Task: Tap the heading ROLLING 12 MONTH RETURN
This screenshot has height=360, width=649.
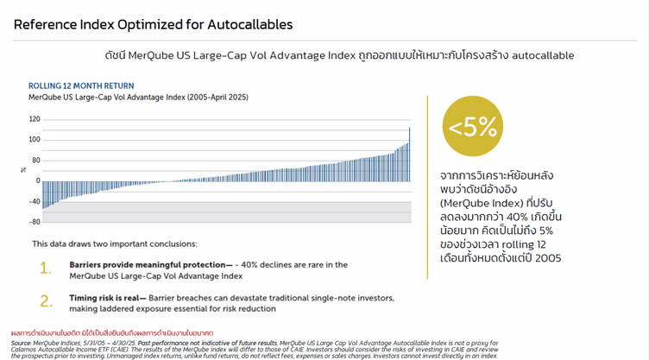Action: (81, 86)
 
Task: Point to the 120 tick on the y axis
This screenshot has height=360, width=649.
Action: (35, 119)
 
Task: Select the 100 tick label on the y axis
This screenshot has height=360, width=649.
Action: (35, 140)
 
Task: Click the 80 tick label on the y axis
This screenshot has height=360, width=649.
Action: (36, 161)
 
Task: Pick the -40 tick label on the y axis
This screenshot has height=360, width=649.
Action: (35, 202)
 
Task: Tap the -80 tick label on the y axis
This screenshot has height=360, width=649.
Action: (35, 222)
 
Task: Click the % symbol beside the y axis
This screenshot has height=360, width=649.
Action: (23, 170)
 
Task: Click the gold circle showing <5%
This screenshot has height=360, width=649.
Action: (472, 127)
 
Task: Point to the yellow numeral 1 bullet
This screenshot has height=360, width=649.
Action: (46, 269)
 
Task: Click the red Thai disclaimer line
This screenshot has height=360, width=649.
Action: (112, 332)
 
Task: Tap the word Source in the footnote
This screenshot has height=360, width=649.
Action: (22, 343)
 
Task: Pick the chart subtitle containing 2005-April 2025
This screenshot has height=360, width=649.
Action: (138, 98)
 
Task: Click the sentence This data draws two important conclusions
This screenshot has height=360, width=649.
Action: (115, 244)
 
